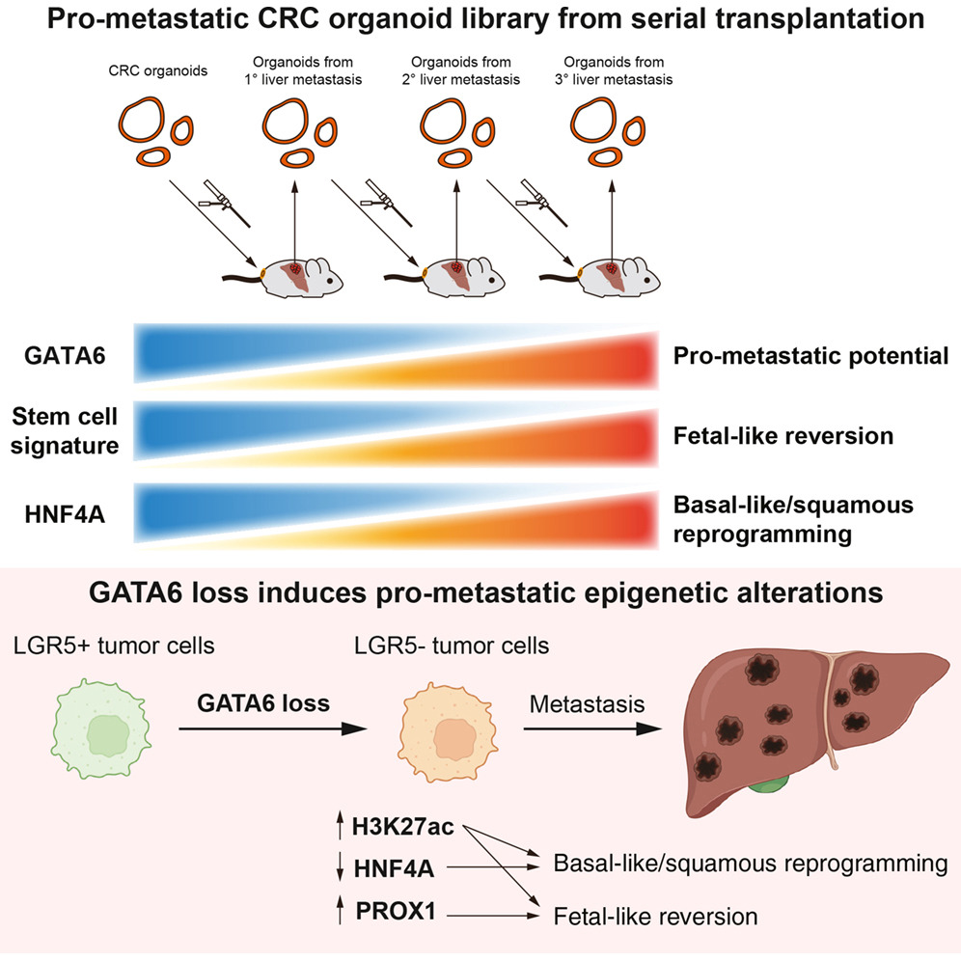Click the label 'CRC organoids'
158,71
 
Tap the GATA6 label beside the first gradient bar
65,355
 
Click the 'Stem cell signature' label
65,431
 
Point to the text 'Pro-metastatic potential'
810,356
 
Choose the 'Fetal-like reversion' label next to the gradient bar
783,436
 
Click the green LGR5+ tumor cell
101,728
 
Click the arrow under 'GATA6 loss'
273,728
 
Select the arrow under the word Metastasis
592,728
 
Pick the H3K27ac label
402,827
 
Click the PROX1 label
396,911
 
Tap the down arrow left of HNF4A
341,868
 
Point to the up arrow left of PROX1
341,910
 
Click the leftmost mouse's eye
330,280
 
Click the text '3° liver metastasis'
614,80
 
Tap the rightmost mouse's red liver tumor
611,268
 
